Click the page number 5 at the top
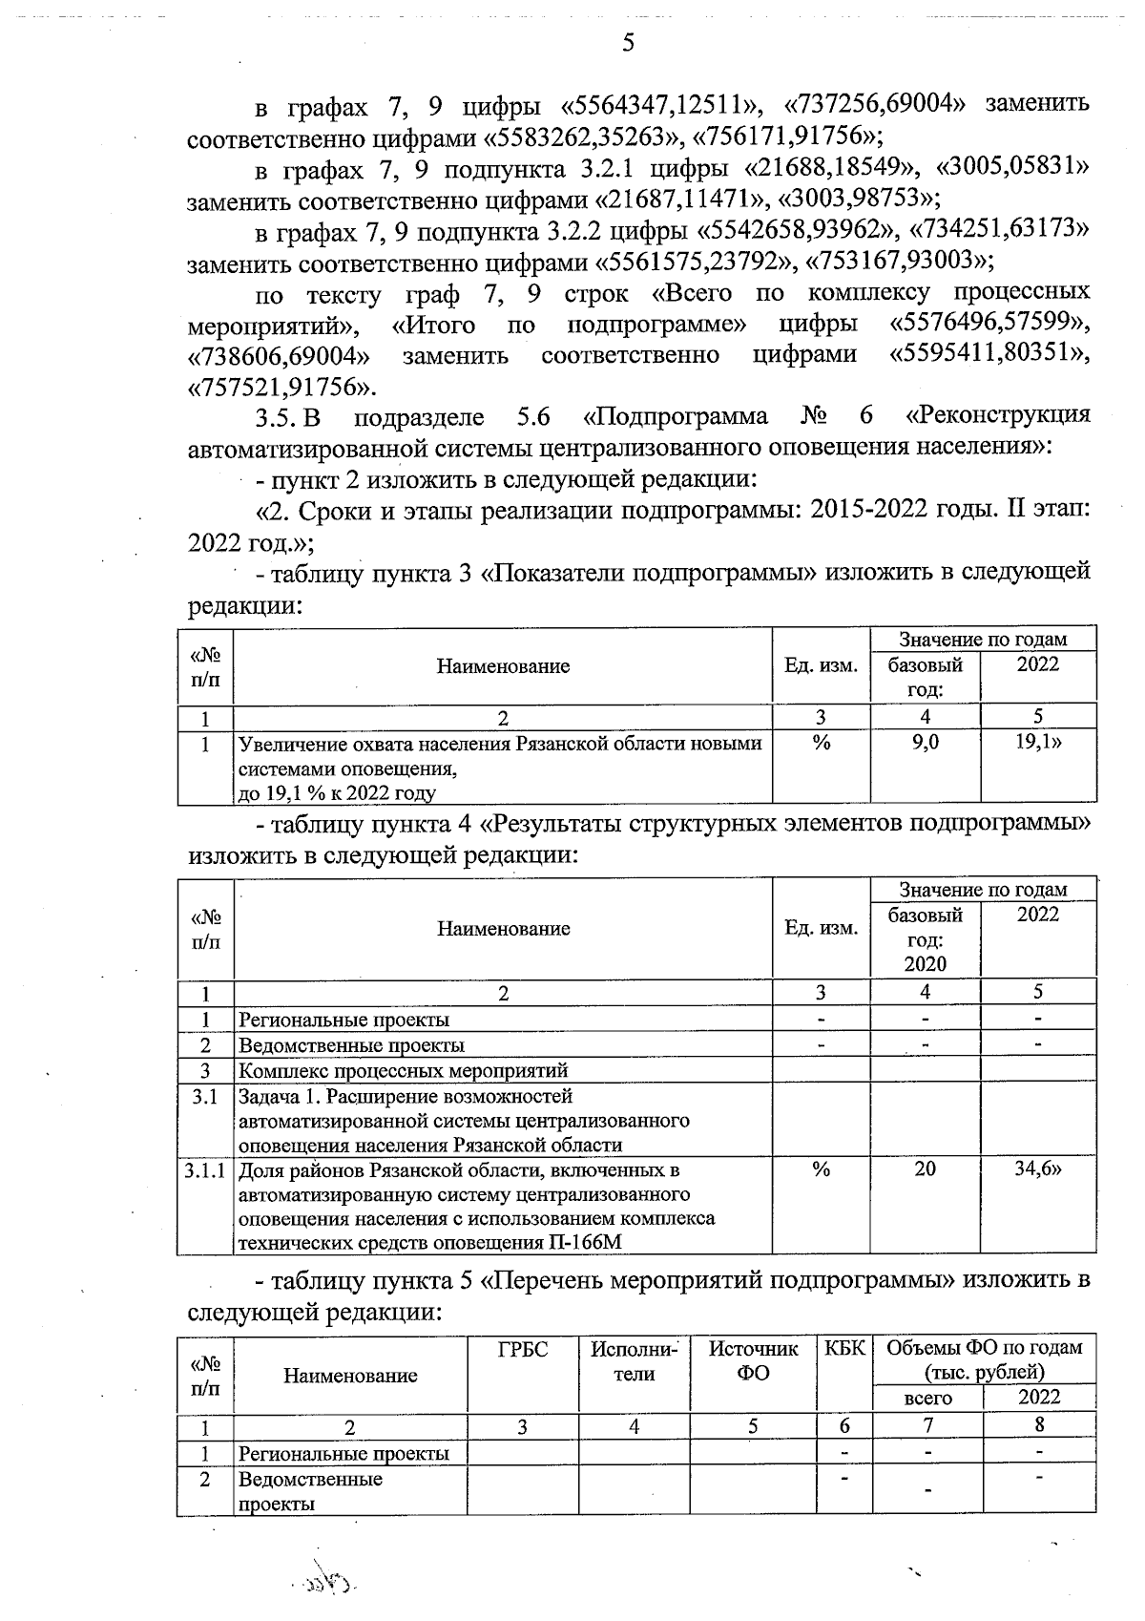pyautogui.click(x=627, y=43)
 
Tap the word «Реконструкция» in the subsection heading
pyautogui.click(x=998, y=416)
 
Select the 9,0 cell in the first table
pyautogui.click(x=925, y=742)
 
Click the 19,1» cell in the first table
pyautogui.click(x=1037, y=742)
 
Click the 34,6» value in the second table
pyautogui.click(x=1037, y=1168)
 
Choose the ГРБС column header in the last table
pyautogui.click(x=522, y=1349)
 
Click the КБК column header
pyautogui.click(x=843, y=1349)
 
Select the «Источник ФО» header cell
pyautogui.click(x=753, y=1361)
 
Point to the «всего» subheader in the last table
pyautogui.click(x=926, y=1399)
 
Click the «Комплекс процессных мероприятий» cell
pyautogui.click(x=403, y=1070)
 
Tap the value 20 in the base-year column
pyautogui.click(x=925, y=1168)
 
